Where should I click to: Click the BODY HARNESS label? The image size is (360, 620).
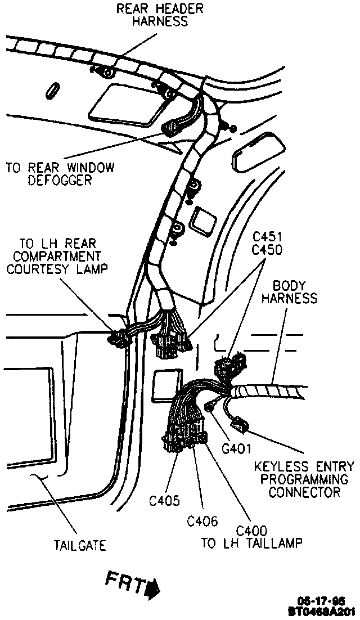[288, 291]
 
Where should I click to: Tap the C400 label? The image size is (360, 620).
[251, 531]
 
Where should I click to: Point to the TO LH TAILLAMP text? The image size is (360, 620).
[252, 543]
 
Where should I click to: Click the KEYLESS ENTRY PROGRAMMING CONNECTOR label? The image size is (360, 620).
[304, 479]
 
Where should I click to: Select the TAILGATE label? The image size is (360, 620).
[80, 545]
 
